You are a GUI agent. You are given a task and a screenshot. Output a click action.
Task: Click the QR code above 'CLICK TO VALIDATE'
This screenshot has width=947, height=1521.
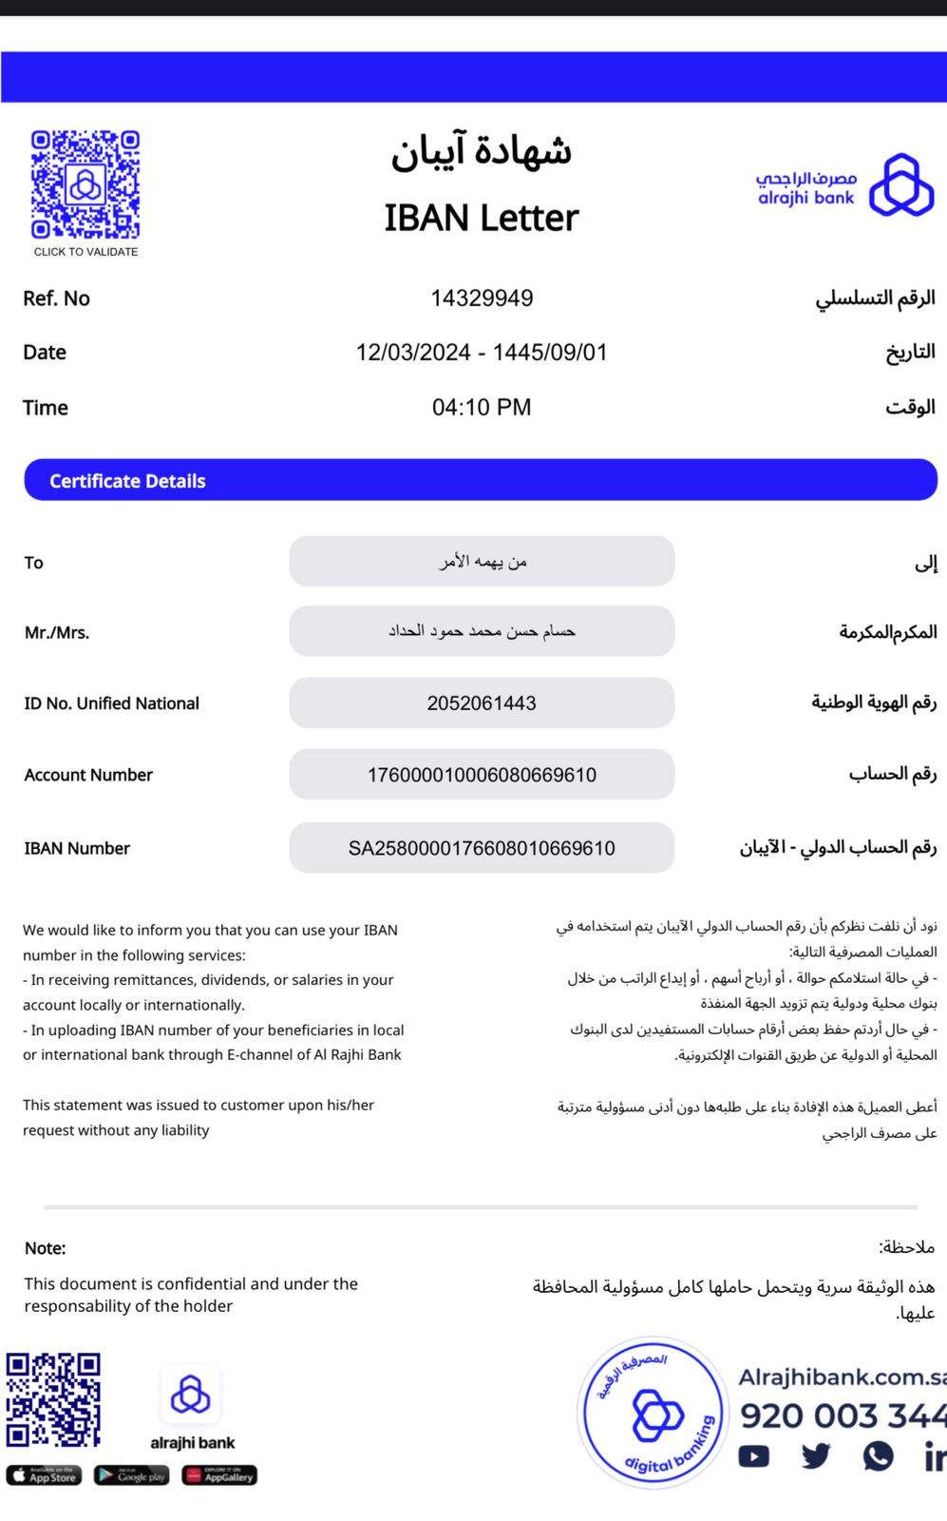click(85, 184)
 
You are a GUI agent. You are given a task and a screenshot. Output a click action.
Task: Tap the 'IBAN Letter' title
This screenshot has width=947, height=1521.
click(481, 218)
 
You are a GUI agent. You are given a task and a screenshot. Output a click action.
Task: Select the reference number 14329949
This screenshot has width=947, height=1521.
click(482, 298)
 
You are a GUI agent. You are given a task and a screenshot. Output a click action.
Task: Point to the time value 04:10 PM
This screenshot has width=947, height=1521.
click(482, 408)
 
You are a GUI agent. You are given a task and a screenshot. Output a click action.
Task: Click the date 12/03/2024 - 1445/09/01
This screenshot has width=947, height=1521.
click(482, 353)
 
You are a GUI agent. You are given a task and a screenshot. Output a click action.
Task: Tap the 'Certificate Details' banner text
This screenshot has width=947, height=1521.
click(127, 481)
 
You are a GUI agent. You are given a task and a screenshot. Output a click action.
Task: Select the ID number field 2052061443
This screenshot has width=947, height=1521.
click(482, 703)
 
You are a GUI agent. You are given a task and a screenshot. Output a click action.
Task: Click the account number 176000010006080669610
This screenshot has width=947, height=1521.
click(482, 775)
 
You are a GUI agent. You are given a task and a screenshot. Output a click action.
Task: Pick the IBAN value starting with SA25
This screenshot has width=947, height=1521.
click(482, 848)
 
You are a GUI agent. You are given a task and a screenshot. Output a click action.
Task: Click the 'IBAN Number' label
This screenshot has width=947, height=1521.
click(77, 848)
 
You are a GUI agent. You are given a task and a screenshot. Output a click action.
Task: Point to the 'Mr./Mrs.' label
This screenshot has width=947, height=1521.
click(57, 633)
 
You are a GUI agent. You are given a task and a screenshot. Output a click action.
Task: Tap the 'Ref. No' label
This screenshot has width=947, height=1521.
click(56, 298)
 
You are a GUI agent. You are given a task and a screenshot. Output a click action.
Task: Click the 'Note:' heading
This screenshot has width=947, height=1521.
click(45, 1248)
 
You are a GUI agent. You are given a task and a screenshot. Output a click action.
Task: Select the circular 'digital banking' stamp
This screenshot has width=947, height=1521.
click(653, 1413)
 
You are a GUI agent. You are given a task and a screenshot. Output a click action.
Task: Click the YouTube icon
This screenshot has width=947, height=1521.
click(754, 1456)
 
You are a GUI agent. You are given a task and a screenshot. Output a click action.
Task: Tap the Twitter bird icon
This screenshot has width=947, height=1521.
click(816, 1455)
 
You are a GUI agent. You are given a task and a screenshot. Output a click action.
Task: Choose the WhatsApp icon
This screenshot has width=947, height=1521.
click(879, 1455)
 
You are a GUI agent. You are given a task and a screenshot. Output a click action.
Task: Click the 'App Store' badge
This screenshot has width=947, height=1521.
click(44, 1475)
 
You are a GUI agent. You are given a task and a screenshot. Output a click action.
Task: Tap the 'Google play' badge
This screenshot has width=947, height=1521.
click(131, 1475)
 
